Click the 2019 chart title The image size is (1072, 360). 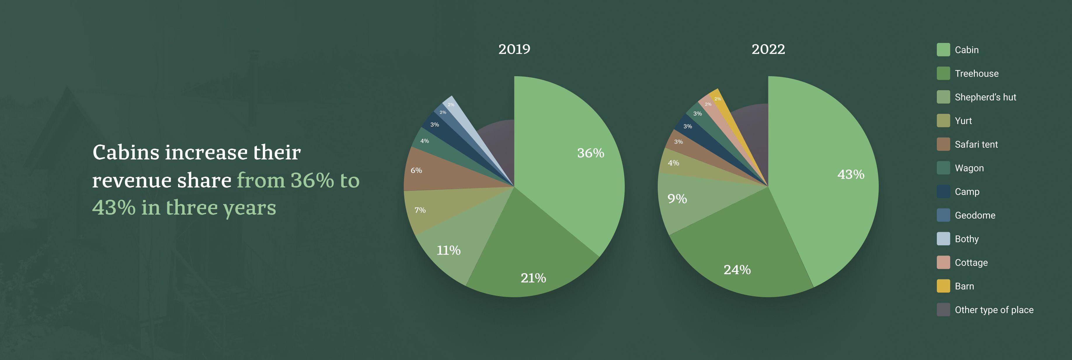click(x=514, y=49)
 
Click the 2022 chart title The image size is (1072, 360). click(x=768, y=49)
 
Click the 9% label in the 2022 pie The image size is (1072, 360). click(x=677, y=199)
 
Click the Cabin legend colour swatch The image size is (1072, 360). click(x=943, y=50)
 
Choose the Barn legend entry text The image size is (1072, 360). click(x=964, y=286)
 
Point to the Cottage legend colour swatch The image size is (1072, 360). click(x=943, y=262)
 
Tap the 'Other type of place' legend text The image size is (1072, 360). click(x=994, y=310)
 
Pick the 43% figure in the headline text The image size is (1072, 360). click(x=114, y=208)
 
